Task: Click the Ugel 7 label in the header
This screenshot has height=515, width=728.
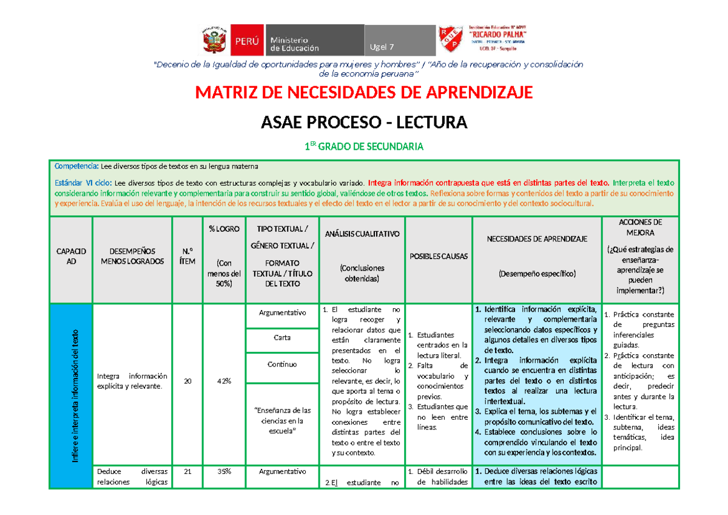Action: [382, 47]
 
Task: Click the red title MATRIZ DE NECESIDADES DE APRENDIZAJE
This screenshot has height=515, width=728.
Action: [363, 92]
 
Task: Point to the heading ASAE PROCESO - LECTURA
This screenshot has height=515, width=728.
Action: [363, 123]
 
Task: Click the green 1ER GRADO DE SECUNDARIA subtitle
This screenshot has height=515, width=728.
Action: [363, 147]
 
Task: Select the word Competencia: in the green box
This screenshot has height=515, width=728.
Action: [76, 166]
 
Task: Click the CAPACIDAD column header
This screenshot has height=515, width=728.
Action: [71, 256]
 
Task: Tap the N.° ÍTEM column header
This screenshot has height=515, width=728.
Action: [187, 256]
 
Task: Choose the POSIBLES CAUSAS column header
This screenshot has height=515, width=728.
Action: [438, 256]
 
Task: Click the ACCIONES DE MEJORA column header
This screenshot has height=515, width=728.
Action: [641, 256]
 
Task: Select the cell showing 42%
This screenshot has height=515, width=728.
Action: [224, 381]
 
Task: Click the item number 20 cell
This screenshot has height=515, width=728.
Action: [187, 381]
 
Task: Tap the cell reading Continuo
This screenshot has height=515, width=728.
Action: [282, 365]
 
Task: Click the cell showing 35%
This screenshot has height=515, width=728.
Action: [224, 471]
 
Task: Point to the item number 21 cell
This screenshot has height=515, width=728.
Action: [187, 471]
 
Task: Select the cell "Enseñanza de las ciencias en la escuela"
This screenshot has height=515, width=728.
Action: [282, 420]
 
